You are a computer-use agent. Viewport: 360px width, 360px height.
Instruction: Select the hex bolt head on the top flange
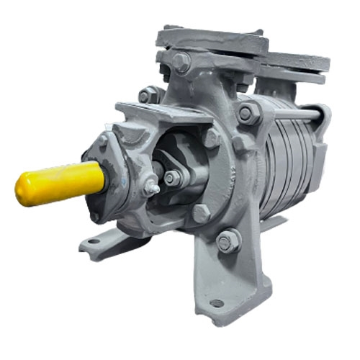tap(181, 62)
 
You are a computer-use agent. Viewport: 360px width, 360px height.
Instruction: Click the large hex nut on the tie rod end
tap(246, 113)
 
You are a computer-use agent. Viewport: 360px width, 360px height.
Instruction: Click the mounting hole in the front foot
tap(216, 303)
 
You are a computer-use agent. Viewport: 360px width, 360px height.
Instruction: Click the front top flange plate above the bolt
tap(209, 41)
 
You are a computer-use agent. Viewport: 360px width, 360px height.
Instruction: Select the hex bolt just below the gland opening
tap(200, 213)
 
